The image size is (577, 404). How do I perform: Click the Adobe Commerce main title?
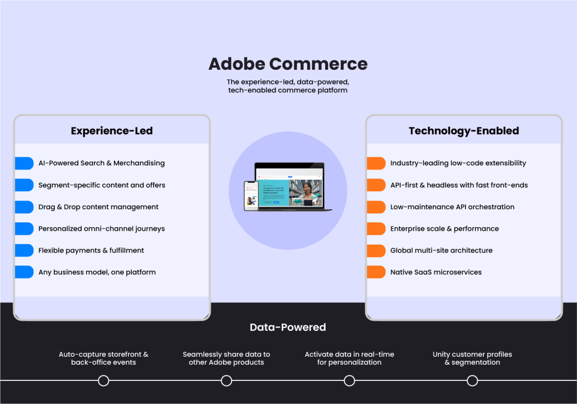pyautogui.click(x=288, y=64)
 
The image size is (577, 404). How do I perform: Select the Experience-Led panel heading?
pyautogui.click(x=112, y=131)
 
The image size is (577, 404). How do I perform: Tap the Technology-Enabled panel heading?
pyautogui.click(x=464, y=131)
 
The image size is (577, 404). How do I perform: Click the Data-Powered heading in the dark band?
pyautogui.click(x=288, y=327)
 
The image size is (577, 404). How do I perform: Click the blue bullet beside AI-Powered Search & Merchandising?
pyautogui.click(x=25, y=163)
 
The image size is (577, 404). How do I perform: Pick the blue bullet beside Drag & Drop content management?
pyautogui.click(x=25, y=207)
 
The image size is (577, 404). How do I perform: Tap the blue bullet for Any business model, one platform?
pyautogui.click(x=25, y=272)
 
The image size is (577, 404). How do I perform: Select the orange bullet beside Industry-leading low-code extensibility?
pyautogui.click(x=376, y=163)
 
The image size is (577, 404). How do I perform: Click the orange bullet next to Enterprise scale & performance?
pyautogui.click(x=376, y=229)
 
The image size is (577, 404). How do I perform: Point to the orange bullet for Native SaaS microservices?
pyautogui.click(x=376, y=272)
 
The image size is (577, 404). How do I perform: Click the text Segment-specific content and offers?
pyautogui.click(x=101, y=185)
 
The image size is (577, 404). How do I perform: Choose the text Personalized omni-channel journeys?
pyautogui.click(x=101, y=229)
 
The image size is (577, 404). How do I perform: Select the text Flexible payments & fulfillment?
pyautogui.click(x=91, y=250)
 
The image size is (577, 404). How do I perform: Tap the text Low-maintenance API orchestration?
pyautogui.click(x=452, y=207)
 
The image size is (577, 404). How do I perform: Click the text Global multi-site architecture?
pyautogui.click(x=441, y=250)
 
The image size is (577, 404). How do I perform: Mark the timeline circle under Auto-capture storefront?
pyautogui.click(x=103, y=381)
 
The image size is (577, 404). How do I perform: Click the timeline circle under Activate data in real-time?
pyautogui.click(x=349, y=381)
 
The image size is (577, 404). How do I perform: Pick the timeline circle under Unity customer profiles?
pyautogui.click(x=472, y=381)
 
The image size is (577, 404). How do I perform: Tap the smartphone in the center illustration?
pyautogui.click(x=251, y=196)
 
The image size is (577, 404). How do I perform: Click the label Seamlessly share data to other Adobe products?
pyautogui.click(x=227, y=358)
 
